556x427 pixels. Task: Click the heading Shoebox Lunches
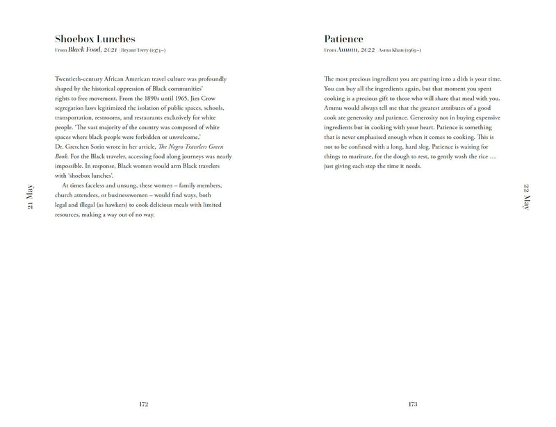tap(95, 39)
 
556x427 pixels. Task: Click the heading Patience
tap(343, 39)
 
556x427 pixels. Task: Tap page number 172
tap(144, 403)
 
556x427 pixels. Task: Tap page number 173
tap(412, 403)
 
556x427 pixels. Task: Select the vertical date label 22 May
tap(526, 196)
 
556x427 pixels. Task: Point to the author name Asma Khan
tap(391, 51)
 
